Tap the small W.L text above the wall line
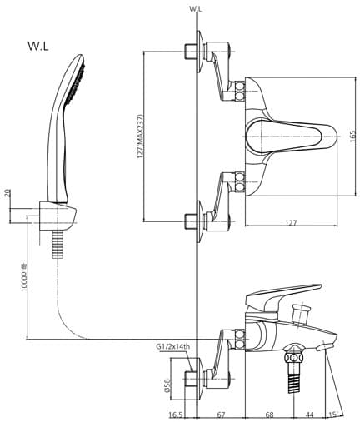(x=196, y=7)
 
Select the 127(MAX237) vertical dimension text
(x=142, y=134)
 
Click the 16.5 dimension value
(x=176, y=414)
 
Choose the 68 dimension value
(x=271, y=414)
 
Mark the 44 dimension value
(x=310, y=414)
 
